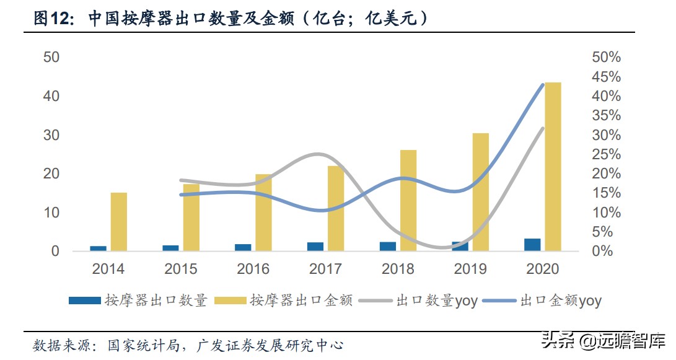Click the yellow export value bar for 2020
pyautogui.click(x=553, y=167)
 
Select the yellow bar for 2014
pyautogui.click(x=119, y=222)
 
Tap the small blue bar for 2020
pyautogui.click(x=532, y=245)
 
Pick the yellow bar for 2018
pyautogui.click(x=408, y=200)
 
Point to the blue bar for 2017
pyautogui.click(x=315, y=247)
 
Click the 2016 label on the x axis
pyautogui.click(x=253, y=269)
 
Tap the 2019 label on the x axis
pyautogui.click(x=470, y=269)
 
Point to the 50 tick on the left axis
pyautogui.click(x=51, y=57)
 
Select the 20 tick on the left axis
pyautogui.click(x=51, y=173)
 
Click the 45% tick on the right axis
pyautogui.click(x=605, y=77)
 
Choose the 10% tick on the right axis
pyautogui.click(x=605, y=213)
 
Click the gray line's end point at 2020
pyautogui.click(x=543, y=128)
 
